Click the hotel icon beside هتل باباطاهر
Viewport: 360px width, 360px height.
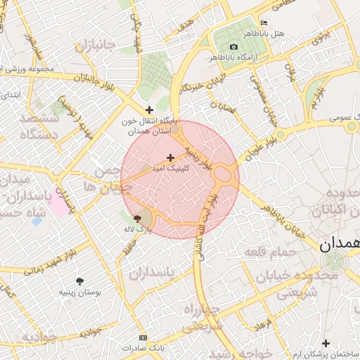point(264,22)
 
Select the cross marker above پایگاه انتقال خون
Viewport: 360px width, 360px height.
point(148,110)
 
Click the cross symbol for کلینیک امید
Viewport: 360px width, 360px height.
point(170,157)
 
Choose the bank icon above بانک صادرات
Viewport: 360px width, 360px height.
point(143,337)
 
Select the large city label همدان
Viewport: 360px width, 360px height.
point(338,245)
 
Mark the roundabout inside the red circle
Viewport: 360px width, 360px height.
point(224,173)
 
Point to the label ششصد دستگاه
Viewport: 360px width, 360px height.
point(33,125)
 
